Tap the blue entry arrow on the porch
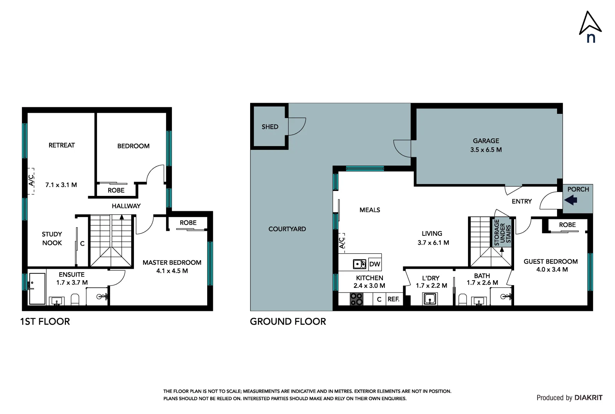(571, 200)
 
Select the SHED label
(270, 127)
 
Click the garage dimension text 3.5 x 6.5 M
(486, 150)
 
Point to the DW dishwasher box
(374, 264)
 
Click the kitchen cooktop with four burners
(356, 299)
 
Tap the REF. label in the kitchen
(393, 299)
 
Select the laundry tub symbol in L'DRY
(430, 298)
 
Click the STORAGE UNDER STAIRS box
(502, 233)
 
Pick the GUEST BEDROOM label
(550, 261)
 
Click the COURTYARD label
(287, 229)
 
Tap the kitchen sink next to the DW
(359, 264)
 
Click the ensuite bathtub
(37, 289)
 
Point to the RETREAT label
(61, 145)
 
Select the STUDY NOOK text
(52, 238)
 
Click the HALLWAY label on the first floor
(126, 206)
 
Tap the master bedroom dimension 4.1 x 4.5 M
(172, 271)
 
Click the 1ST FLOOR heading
(45, 322)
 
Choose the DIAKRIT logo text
(588, 398)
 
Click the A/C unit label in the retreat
(31, 181)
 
